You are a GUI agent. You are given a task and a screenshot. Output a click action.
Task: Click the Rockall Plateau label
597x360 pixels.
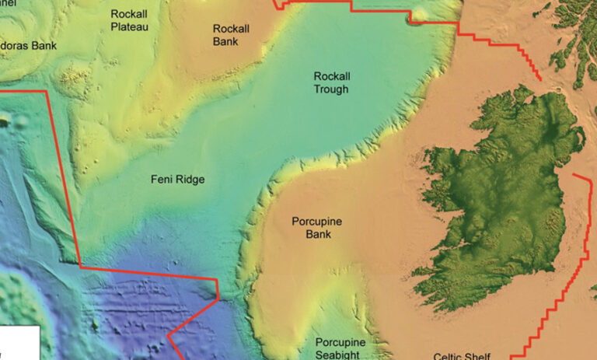(129, 20)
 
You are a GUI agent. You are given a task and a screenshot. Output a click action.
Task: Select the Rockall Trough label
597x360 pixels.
(331, 83)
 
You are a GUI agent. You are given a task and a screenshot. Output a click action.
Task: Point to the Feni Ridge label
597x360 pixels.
(177, 180)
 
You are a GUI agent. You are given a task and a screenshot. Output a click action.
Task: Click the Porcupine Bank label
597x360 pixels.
(316, 228)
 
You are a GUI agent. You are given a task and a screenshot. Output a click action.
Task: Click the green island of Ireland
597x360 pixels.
(497, 194)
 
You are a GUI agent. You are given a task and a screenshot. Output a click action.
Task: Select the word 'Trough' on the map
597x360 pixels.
(331, 89)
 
